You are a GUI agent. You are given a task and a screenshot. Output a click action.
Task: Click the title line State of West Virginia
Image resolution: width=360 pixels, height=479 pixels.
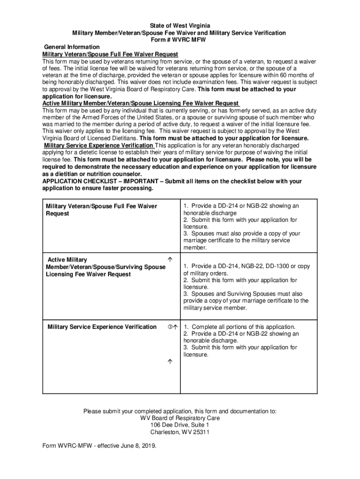tap(180, 25)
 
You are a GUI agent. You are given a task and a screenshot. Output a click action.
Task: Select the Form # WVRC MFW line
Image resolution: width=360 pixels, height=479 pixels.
tap(180, 40)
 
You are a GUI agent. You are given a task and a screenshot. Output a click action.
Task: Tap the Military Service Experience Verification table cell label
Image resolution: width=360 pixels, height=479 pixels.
tap(102, 327)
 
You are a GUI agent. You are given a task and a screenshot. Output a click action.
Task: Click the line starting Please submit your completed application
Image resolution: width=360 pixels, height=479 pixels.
tap(180, 412)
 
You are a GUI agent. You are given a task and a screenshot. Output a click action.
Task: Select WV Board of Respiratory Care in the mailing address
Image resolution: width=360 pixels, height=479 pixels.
tap(180, 418)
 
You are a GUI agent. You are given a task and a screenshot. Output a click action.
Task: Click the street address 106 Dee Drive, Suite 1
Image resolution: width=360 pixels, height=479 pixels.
tap(180, 425)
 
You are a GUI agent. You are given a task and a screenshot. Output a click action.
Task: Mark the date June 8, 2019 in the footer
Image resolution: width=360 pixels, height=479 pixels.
tap(138, 446)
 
